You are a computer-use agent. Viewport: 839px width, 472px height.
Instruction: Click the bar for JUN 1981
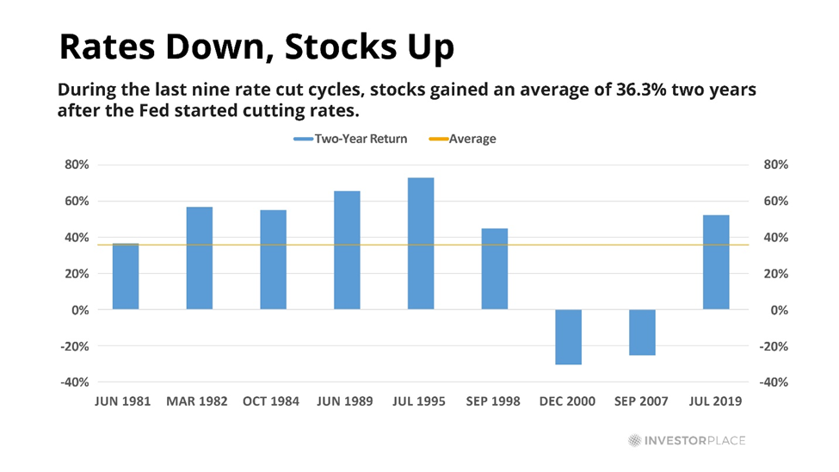tap(126, 276)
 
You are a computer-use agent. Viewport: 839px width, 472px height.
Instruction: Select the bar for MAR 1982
tap(200, 258)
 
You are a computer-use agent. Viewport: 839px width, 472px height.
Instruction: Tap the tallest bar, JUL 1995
tap(421, 244)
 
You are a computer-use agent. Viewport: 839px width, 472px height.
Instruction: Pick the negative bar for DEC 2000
tap(568, 337)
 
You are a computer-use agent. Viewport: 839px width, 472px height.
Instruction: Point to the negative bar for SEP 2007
tap(642, 332)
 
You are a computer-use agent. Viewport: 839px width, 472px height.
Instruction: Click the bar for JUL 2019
tap(716, 262)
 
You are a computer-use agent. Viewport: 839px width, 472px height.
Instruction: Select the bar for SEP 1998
tap(495, 269)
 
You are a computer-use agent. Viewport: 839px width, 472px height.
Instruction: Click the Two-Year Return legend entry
tap(349, 138)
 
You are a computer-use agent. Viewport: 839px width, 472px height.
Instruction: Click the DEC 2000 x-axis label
tap(568, 401)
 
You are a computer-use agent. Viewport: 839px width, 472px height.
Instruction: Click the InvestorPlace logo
tap(686, 441)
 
